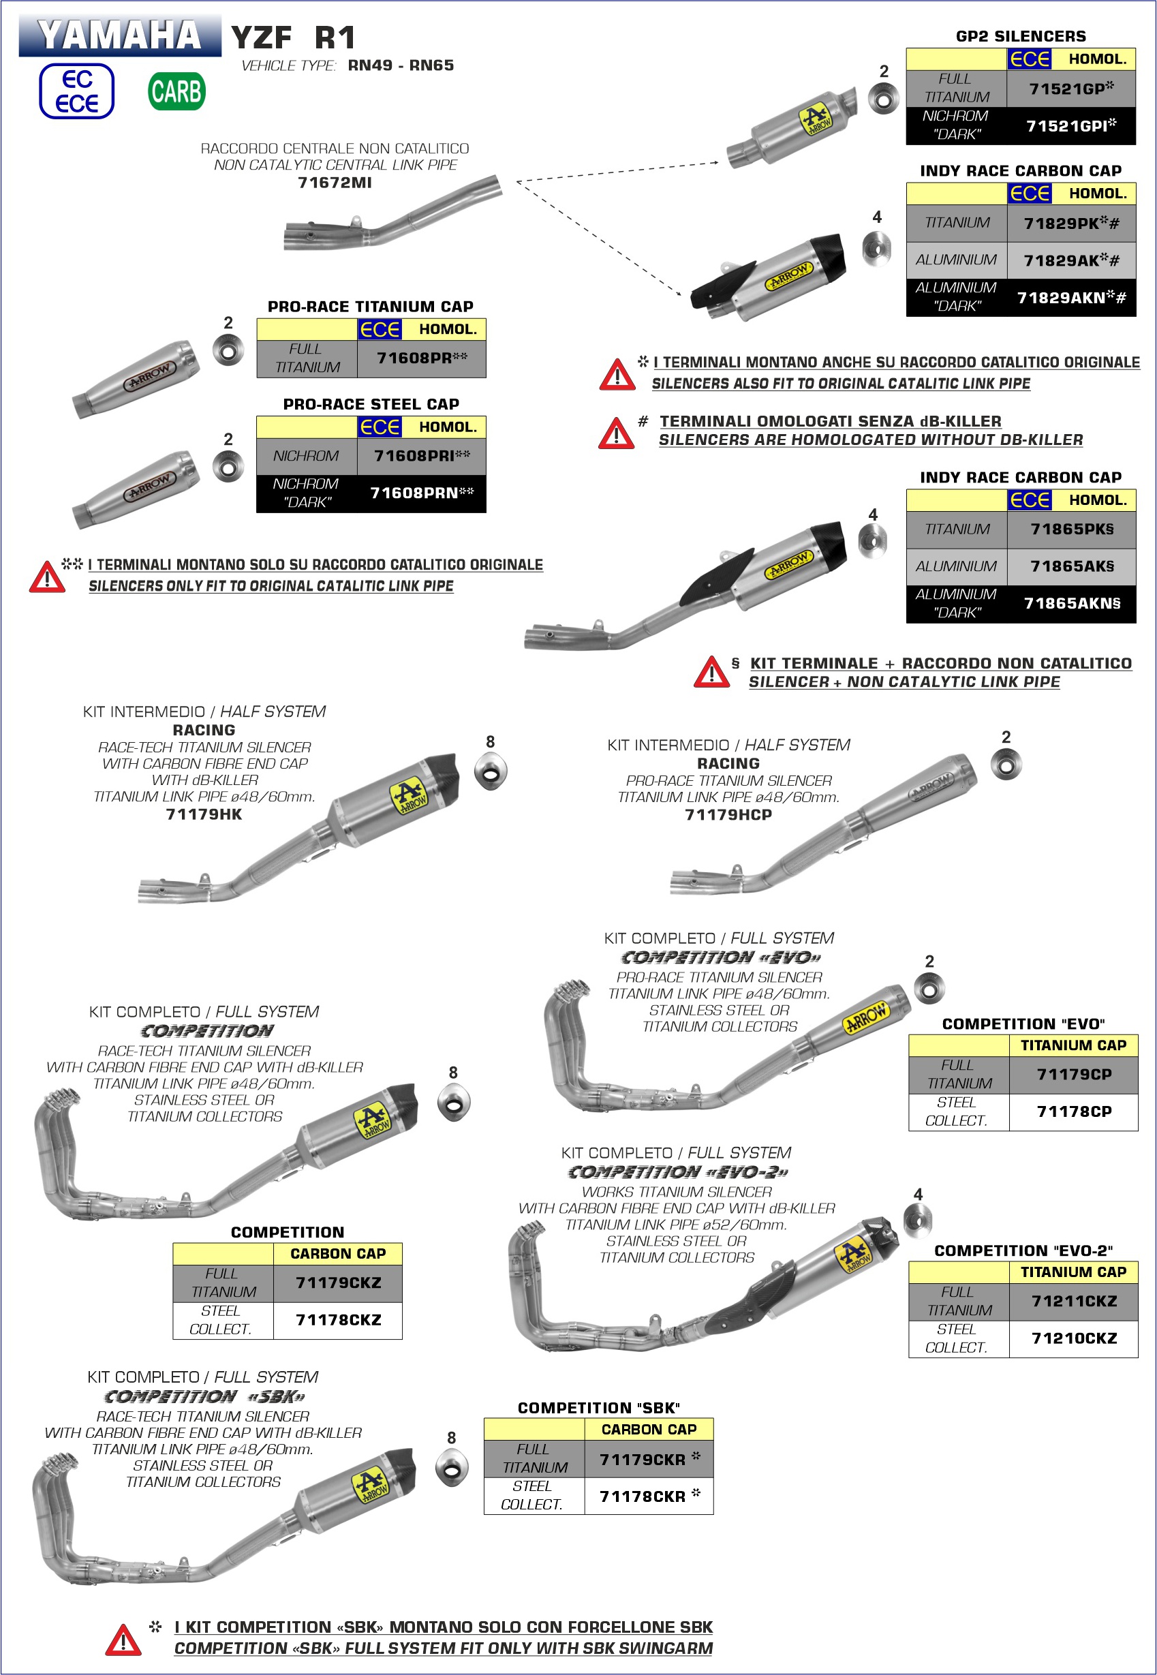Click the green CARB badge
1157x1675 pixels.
tap(177, 91)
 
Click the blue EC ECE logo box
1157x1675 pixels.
tap(76, 91)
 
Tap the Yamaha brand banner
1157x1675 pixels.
tap(120, 35)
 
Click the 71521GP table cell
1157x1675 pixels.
tap(1070, 89)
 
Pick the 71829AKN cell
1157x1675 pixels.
tap(1070, 297)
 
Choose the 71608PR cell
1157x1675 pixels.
tap(421, 358)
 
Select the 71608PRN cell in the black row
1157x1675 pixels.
tap(421, 493)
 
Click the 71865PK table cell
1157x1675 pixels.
tap(1070, 529)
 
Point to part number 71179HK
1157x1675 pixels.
tap(204, 814)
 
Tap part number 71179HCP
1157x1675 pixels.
tap(728, 814)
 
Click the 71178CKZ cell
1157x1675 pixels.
tap(338, 1320)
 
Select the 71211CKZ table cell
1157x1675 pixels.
tap(1074, 1301)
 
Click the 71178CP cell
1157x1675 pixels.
tap(1074, 1112)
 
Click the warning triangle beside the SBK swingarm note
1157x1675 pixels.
tap(123, 1640)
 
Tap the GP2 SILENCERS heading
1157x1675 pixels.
tap(1021, 36)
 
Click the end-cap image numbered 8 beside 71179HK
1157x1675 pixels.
tap(490, 772)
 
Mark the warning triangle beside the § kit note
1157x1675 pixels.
tap(711, 672)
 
